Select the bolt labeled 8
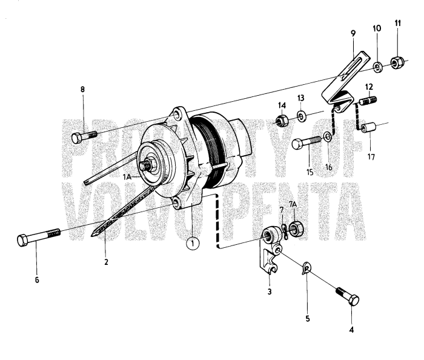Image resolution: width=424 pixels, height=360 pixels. (83, 137)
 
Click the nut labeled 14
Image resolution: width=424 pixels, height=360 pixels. (282, 121)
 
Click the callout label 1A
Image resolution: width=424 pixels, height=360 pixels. (127, 176)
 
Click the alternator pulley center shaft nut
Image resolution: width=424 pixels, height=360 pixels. (147, 165)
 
